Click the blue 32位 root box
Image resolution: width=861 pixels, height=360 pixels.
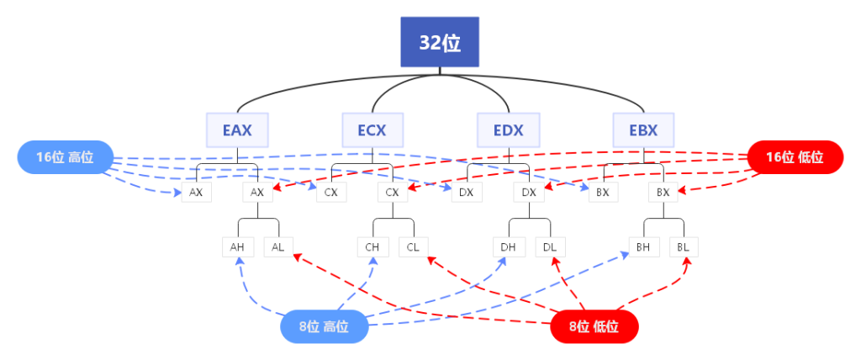pyautogui.click(x=439, y=42)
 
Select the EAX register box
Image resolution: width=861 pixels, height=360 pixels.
pyautogui.click(x=237, y=130)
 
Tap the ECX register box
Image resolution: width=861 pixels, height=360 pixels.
pyautogui.click(x=372, y=130)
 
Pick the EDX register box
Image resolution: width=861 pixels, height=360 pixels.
pyautogui.click(x=509, y=130)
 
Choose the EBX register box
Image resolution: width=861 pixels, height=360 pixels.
pyautogui.click(x=643, y=130)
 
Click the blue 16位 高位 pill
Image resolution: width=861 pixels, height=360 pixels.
pyautogui.click(x=65, y=157)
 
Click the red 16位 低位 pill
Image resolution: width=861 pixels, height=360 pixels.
pyautogui.click(x=795, y=157)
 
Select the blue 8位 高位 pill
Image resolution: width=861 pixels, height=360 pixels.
pyautogui.click(x=324, y=326)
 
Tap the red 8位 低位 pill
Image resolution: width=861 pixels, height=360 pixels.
pyautogui.click(x=594, y=326)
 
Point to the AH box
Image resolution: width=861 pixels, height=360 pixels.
pyautogui.click(x=238, y=247)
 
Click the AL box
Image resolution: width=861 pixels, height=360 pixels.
pyautogui.click(x=277, y=247)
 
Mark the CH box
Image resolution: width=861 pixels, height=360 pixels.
pyautogui.click(x=372, y=247)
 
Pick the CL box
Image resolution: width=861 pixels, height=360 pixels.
pyautogui.click(x=413, y=247)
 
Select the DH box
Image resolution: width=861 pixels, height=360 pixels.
pyautogui.click(x=508, y=247)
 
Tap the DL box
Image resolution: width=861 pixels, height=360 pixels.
pyautogui.click(x=548, y=247)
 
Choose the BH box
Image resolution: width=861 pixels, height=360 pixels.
pyautogui.click(x=643, y=247)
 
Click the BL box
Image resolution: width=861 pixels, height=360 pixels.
pyautogui.click(x=684, y=247)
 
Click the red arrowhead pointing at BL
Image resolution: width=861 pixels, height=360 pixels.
pyautogui.click(x=687, y=262)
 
